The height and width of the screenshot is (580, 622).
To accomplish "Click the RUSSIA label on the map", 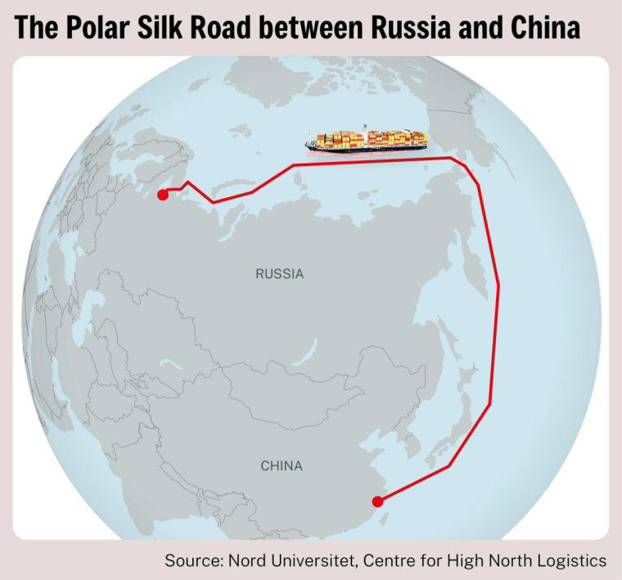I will [x=279, y=274].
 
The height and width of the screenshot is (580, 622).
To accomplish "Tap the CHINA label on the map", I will [x=282, y=466].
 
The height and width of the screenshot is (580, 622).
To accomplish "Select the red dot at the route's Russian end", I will [x=162, y=195].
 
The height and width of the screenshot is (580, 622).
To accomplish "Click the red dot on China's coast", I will [x=376, y=501].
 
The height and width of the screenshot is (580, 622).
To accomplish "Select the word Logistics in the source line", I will [x=573, y=561].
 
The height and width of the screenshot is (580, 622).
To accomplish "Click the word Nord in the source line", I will [x=246, y=561].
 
